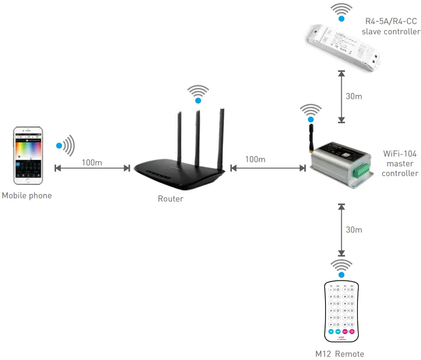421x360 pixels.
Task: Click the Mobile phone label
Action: pos(26,196)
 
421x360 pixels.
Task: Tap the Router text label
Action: pos(171,199)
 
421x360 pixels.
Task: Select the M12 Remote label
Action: pos(339,354)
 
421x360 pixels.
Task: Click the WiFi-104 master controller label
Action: pos(401,163)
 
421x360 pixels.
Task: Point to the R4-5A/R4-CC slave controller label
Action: pos(390,26)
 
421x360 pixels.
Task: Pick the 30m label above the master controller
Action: pos(354,97)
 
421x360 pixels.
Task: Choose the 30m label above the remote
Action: pos(354,230)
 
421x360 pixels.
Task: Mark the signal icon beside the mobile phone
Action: pos(65,145)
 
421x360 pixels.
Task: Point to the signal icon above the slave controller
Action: pos(341,12)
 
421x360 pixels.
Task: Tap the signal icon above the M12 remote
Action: pos(341,267)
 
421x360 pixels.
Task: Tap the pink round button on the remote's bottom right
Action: pos(352,332)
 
